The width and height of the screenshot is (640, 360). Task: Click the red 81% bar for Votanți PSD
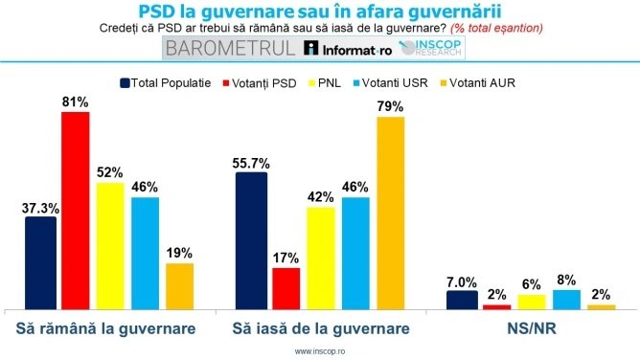click(x=76, y=211)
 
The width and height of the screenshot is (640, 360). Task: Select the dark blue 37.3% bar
click(x=40, y=263)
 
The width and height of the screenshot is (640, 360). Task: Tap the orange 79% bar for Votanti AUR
click(x=391, y=214)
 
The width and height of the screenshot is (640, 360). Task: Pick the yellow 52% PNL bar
click(x=110, y=246)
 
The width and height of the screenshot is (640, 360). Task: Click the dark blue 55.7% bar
click(x=251, y=241)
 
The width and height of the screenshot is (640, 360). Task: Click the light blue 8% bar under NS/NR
click(x=566, y=300)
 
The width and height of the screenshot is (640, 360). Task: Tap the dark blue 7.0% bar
click(x=462, y=301)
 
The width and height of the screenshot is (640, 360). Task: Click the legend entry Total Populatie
click(x=165, y=82)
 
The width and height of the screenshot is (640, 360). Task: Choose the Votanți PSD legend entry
click(x=263, y=82)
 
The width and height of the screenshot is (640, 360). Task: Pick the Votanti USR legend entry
click(x=396, y=82)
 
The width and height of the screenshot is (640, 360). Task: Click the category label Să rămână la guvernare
click(x=107, y=328)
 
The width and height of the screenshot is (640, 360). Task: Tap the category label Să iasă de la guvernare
click(x=321, y=328)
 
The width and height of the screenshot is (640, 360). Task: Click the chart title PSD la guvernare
click(x=320, y=11)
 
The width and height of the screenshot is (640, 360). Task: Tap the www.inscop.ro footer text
click(x=320, y=351)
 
